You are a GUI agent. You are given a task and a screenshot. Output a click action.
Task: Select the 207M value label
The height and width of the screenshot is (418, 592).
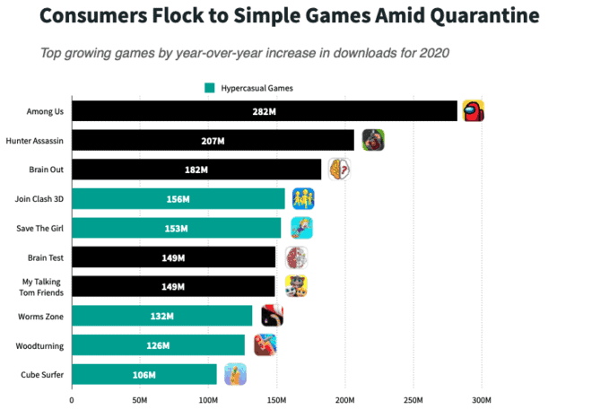213,141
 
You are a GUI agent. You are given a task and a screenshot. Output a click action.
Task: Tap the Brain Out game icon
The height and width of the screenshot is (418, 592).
338,170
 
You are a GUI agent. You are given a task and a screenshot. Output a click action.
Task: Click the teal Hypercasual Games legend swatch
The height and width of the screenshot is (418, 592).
210,88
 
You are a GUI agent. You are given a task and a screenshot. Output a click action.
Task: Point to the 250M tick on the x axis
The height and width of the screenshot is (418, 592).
414,399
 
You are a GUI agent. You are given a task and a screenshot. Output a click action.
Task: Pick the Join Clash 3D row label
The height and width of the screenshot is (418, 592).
39,199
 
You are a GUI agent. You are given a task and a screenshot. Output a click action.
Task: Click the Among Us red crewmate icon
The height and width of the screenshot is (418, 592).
473,111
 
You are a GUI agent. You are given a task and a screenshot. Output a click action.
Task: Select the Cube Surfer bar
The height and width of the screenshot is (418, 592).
144,374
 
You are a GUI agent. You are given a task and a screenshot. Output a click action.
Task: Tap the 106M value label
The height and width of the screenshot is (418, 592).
144,375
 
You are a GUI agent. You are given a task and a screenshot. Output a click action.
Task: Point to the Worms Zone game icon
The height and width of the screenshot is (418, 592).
272,316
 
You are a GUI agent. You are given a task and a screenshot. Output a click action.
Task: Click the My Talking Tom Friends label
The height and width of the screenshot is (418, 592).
41,287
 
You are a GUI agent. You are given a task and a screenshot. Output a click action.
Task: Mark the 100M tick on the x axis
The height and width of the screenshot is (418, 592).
208,399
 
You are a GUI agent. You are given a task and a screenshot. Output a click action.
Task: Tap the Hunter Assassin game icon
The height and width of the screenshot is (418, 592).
373,140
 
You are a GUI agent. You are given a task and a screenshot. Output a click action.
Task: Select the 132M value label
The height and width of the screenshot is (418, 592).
162,316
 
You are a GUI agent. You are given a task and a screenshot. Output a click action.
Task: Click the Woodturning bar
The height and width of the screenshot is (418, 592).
158,345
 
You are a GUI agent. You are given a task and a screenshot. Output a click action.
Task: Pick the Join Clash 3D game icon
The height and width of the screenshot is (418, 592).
302,198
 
